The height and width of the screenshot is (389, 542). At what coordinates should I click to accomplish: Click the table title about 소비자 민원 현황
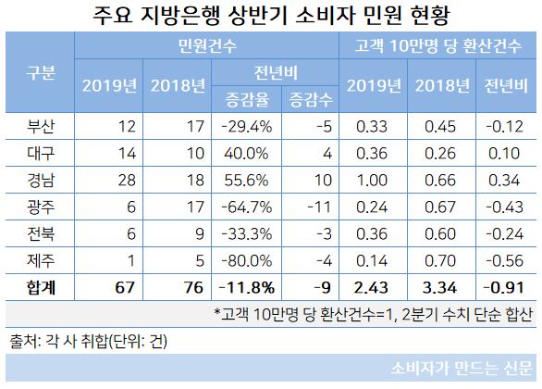point(271,16)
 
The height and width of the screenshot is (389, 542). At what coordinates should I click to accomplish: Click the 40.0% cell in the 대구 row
point(239,151)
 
